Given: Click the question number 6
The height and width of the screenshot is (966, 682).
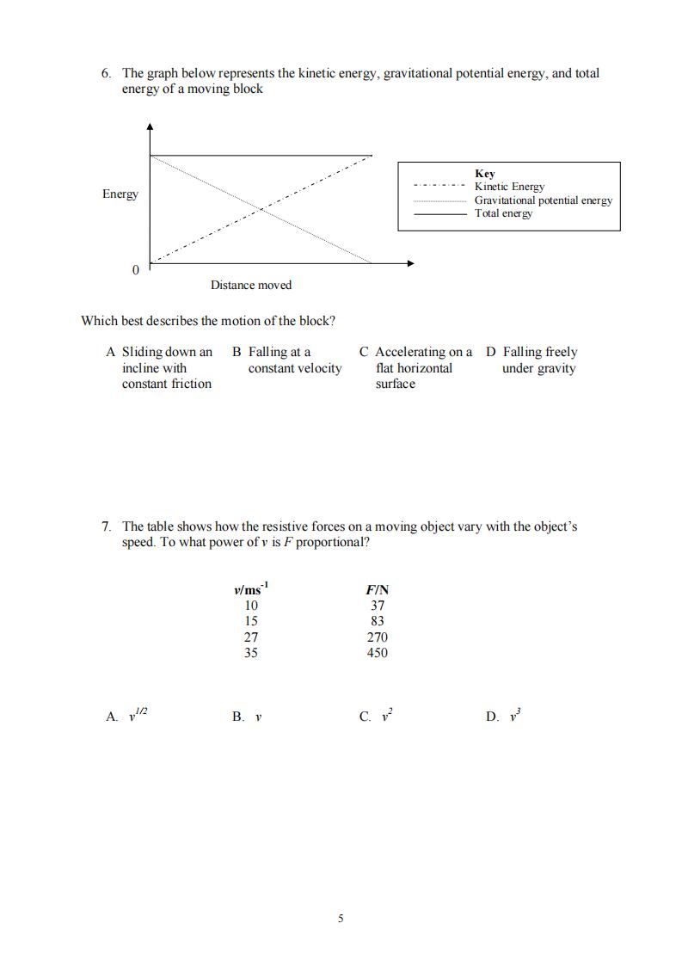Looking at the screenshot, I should tap(106, 74).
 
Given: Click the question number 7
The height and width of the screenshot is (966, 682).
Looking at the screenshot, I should tap(106, 526).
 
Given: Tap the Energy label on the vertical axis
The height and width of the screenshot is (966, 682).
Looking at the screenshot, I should tap(120, 194).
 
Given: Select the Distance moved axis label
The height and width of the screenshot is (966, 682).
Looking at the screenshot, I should tap(251, 286).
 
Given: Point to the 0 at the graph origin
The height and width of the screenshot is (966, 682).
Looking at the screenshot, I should tap(135, 271).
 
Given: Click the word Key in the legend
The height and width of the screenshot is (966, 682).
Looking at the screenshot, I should tap(485, 174).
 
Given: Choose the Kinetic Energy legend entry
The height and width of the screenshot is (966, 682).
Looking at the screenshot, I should tap(509, 187).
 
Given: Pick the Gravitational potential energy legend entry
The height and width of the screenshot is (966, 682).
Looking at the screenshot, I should tap(544, 200).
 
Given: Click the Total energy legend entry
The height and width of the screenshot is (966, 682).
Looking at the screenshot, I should tap(504, 213).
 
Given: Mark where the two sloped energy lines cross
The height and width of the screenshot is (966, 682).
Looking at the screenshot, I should tap(261, 208).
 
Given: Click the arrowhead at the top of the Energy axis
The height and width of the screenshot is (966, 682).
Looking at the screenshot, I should tap(151, 126).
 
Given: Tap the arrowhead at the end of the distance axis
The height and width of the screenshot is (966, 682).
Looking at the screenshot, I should tap(410, 262).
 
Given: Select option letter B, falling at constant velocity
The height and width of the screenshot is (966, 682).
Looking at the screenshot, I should tap(237, 352).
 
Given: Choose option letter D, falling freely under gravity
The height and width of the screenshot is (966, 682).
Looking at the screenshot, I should tap(491, 352).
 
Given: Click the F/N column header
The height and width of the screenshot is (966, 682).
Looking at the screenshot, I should tap(377, 590).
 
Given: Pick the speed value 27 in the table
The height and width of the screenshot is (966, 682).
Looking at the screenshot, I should tap(251, 637).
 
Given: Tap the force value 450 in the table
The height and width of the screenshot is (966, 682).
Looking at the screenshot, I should tap(377, 653).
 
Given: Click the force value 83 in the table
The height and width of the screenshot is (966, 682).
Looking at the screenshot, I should tap(377, 621).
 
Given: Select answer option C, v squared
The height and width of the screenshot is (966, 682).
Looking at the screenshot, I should tap(366, 717).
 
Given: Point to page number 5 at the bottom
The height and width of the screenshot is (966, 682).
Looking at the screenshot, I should tap(341, 919).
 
